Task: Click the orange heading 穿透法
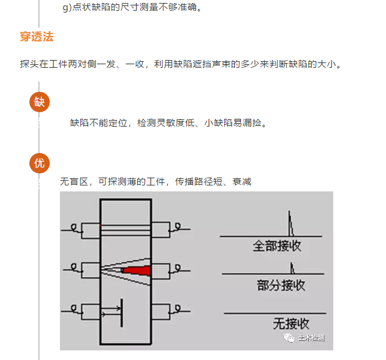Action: (37, 37)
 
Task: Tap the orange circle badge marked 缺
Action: (40, 102)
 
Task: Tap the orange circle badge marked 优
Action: (40, 163)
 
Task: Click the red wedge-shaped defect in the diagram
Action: (136, 271)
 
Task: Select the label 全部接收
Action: (277, 246)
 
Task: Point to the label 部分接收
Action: (281, 286)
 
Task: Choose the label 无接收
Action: (291, 323)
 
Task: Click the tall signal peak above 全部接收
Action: (291, 223)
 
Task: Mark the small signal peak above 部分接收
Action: (292, 268)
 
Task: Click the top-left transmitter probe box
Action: (91, 230)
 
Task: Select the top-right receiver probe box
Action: (161, 230)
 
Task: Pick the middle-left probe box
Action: (91, 271)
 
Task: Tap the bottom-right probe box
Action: (161, 312)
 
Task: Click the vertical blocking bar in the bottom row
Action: (122, 313)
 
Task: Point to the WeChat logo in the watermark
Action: (289, 338)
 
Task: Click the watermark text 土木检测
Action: (312, 338)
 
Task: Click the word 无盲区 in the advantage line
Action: (74, 182)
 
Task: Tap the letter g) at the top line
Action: (67, 7)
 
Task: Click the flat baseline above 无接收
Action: (275, 313)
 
